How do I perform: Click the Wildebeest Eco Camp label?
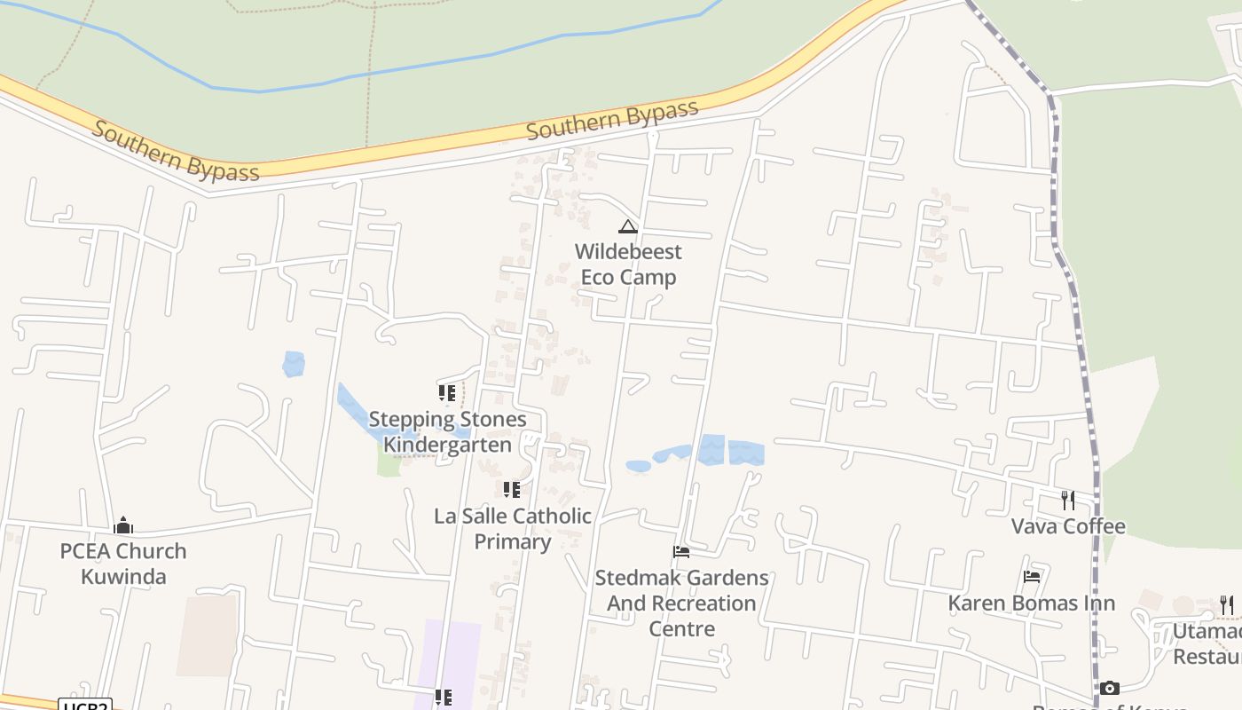coord(628,264)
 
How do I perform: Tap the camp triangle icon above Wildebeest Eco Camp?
coord(628,227)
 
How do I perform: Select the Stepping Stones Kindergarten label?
coord(447,432)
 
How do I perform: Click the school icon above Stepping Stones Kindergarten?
coord(447,392)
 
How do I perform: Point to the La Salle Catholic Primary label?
coord(513,528)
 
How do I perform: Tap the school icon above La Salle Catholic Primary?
coord(511,490)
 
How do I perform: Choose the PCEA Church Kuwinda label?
coord(123,564)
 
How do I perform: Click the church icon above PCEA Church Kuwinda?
coord(123,526)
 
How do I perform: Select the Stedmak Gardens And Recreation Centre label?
coord(681,603)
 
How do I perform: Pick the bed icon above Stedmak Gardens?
coord(681,552)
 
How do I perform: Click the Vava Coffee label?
coord(1068,526)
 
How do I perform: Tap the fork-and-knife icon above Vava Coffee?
coord(1068,501)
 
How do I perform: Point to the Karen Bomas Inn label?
coord(1031,603)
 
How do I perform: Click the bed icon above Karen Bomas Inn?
coord(1031,577)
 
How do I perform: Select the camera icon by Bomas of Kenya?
coord(1109,688)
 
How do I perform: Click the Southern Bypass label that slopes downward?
coord(176,152)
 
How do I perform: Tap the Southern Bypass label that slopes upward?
coord(612,121)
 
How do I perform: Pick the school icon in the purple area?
coord(444,698)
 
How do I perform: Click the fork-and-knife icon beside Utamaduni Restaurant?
coord(1226,605)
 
